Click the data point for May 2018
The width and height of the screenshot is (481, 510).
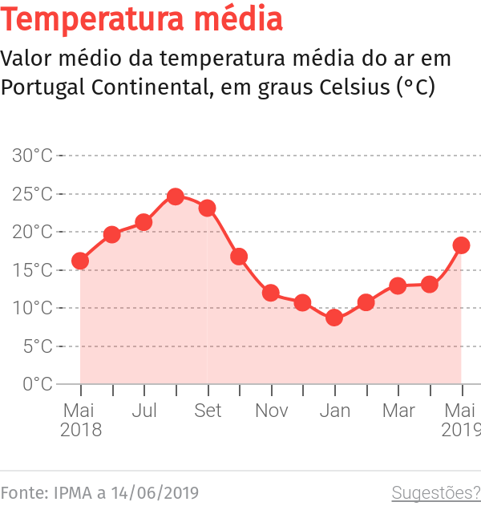coord(80,261)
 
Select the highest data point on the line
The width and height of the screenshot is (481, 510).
coord(176,196)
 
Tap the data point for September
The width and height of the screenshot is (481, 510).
coord(208,208)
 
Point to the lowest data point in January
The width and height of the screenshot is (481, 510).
coord(334,318)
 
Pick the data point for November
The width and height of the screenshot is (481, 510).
coord(271,293)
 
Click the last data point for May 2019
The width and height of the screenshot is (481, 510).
coord(461,245)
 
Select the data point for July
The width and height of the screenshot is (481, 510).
coord(143,222)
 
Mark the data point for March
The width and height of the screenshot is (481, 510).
coord(398,285)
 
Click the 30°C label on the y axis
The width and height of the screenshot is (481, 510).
coord(32,156)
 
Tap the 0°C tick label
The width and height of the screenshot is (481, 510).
coord(37,384)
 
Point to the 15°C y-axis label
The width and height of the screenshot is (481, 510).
coord(32,270)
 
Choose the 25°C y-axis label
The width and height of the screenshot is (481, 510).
coord(32,194)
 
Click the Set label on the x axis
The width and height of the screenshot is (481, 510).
coord(208,411)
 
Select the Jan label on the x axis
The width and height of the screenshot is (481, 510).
coord(334,411)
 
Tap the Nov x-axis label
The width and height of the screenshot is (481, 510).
coord(272,411)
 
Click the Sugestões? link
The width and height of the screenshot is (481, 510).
coord(435,492)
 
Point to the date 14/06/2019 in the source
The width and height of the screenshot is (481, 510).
coord(154,492)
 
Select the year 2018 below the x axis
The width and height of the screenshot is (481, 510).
coord(80,430)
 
